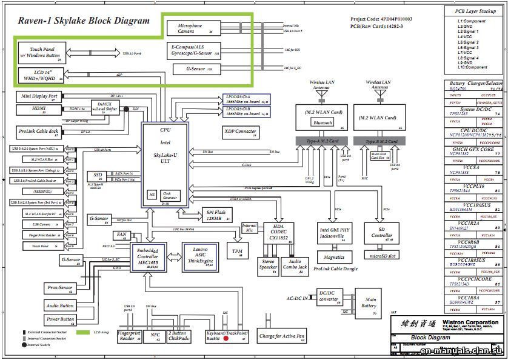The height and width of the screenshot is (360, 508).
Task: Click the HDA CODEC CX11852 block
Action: [279, 233]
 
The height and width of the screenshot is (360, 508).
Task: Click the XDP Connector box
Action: [240, 132]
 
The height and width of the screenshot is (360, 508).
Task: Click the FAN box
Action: [121, 235]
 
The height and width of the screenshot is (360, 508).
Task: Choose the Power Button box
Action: [60, 319]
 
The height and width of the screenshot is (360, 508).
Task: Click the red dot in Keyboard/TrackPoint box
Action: [226, 338]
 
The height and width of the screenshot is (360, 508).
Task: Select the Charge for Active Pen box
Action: [282, 336]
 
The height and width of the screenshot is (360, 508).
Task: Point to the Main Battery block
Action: [369, 302]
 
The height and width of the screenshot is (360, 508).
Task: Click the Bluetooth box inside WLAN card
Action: [323, 122]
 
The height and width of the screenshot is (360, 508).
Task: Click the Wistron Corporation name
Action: [470, 322]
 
